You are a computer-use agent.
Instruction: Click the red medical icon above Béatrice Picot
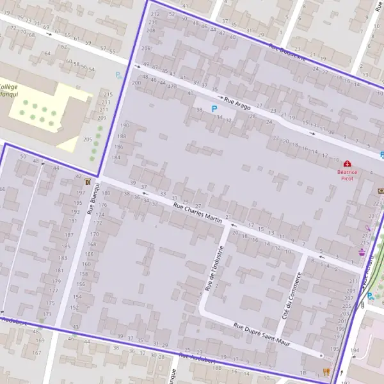347,164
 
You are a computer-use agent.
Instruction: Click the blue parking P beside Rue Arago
214,109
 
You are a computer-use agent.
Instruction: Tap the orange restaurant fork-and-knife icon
326,371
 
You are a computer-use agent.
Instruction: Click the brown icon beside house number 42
87,182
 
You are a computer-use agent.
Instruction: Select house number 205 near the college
88,140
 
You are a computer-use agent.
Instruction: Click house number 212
154,14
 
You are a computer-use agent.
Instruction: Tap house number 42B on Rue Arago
172,86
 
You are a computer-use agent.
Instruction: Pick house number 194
355,351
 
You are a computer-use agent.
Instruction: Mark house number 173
47,314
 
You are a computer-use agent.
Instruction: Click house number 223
376,203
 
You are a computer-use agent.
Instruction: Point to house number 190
124,125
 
